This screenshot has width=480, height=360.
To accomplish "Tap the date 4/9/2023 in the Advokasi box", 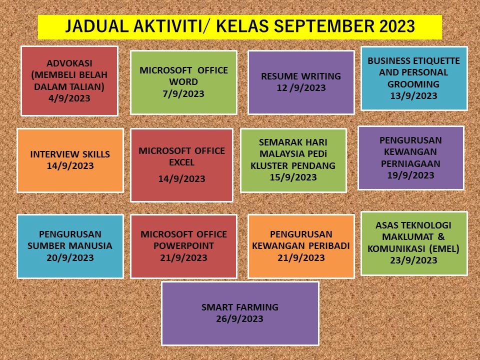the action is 69,98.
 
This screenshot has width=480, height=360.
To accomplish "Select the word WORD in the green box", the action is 183,81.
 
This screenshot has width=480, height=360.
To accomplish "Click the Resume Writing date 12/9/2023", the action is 301,88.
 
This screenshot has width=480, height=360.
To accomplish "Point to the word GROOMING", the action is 413,84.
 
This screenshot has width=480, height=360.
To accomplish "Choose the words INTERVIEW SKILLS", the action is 70,154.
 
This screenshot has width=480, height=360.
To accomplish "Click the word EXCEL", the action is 182,162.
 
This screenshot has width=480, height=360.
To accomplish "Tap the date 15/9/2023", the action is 293,177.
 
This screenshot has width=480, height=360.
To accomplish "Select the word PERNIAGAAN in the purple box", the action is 410,164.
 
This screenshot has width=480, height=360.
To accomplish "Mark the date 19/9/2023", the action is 410,175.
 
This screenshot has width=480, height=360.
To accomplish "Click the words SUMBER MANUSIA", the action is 70,246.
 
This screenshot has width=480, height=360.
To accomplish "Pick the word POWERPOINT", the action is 183,246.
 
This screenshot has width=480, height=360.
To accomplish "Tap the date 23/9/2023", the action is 413,260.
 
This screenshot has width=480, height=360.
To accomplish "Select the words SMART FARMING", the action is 240,307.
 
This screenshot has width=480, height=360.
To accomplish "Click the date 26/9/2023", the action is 239,318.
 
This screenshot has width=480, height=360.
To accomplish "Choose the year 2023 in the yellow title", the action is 397,26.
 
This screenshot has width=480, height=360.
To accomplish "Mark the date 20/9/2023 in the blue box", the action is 70,258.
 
